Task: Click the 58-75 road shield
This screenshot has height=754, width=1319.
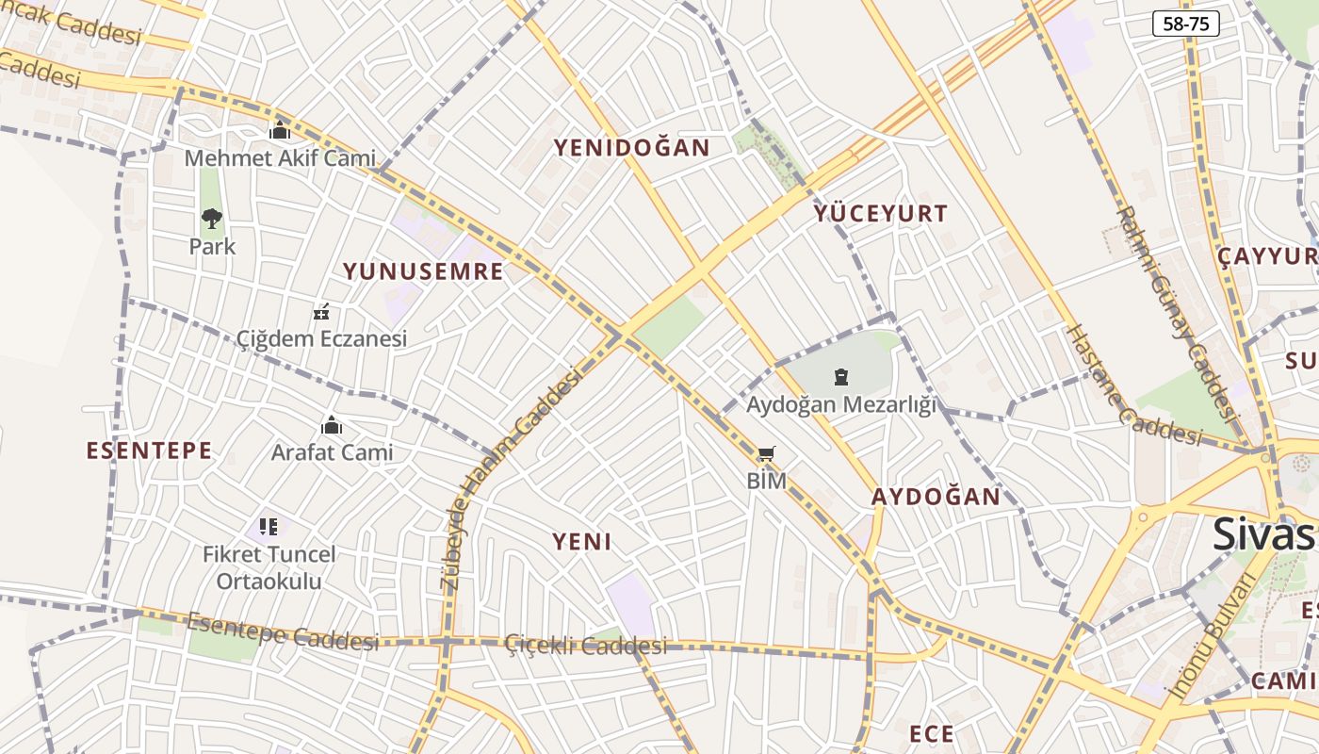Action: (x=1185, y=25)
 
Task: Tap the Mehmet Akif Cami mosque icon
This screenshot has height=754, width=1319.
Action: (x=280, y=132)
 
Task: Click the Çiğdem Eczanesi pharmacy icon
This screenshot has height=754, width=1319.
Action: (x=321, y=312)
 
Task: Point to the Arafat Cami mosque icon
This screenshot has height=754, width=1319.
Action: (x=332, y=426)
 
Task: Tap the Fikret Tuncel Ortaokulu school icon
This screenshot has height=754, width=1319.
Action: (x=269, y=526)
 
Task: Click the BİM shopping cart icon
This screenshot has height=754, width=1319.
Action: (x=767, y=455)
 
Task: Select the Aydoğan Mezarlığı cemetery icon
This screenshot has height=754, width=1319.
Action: (x=841, y=378)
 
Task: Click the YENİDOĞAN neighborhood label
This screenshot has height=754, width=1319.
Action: (x=631, y=148)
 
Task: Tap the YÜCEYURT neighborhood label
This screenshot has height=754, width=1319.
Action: (x=881, y=214)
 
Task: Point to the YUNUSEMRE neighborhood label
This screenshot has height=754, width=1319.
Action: (x=423, y=272)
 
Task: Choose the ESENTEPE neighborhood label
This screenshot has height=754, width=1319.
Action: (x=149, y=451)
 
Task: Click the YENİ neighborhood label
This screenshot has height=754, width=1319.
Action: (x=581, y=542)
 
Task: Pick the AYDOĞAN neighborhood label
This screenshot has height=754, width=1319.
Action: (x=936, y=497)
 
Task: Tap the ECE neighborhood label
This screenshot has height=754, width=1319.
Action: (x=931, y=733)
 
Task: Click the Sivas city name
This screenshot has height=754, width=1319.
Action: (x=1262, y=533)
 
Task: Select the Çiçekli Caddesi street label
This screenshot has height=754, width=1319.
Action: (x=585, y=646)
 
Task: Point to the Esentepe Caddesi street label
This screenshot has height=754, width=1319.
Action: (x=283, y=631)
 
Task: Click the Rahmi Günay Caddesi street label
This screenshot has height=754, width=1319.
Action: (x=1175, y=311)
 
